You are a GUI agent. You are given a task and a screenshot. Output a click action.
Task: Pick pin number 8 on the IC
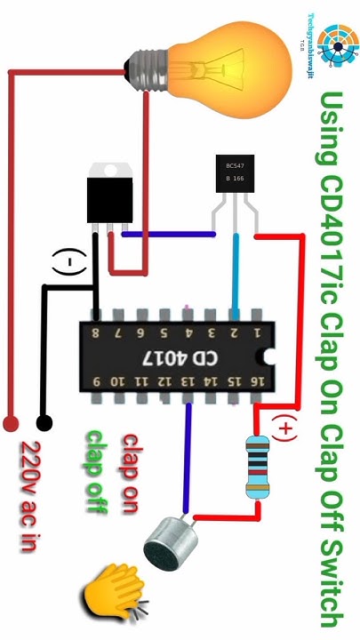(95, 333)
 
